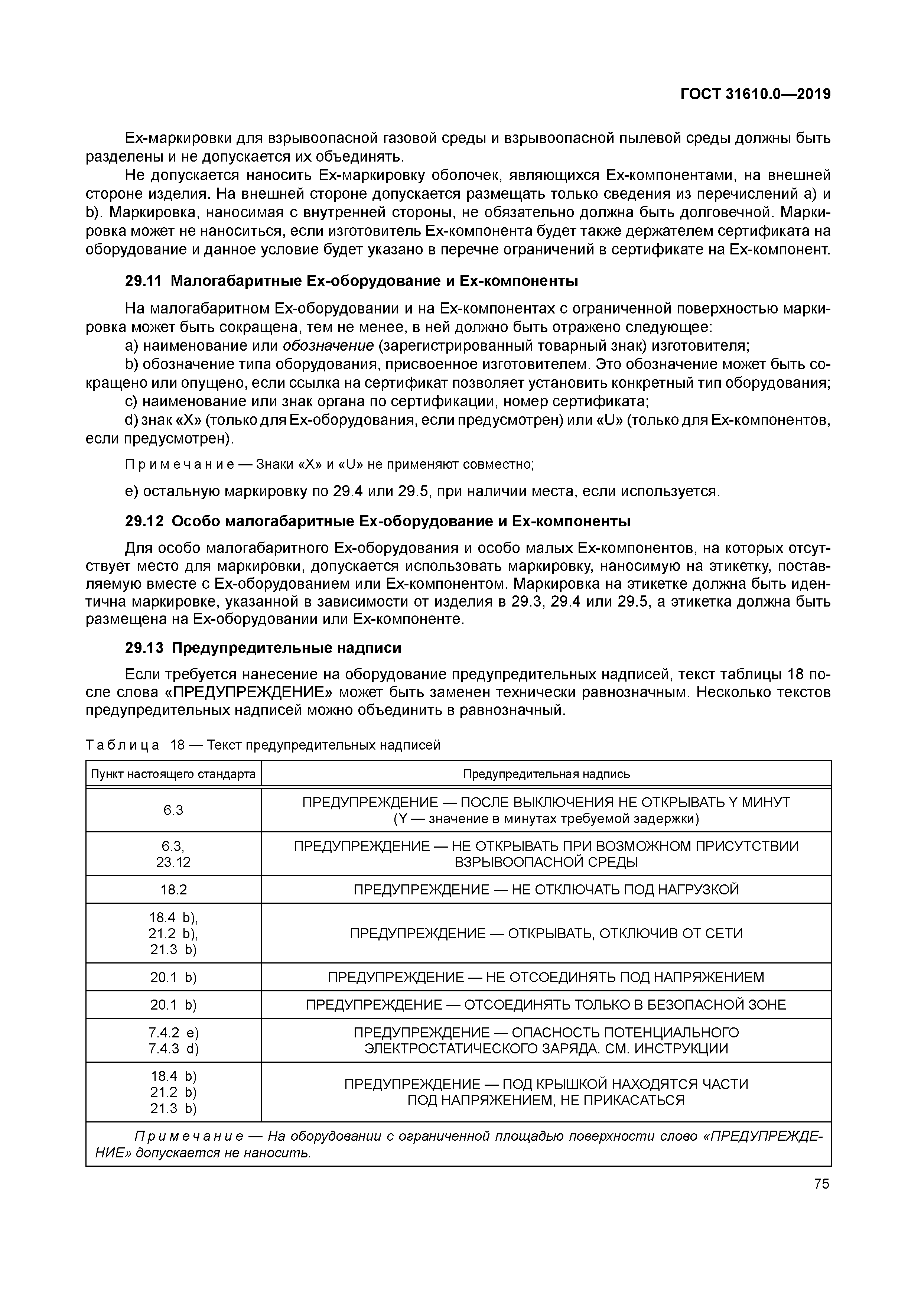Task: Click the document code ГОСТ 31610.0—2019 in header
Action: (755, 94)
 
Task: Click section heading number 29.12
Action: (144, 521)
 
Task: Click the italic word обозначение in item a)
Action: (328, 345)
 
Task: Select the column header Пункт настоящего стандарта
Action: (174, 774)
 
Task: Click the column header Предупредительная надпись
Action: (546, 774)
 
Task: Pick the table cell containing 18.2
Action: (174, 889)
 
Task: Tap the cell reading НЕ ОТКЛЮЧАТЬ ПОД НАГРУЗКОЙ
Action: (546, 889)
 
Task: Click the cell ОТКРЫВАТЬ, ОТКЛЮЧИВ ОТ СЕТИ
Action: (546, 933)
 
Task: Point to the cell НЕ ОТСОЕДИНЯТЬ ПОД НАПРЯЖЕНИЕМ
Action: (546, 977)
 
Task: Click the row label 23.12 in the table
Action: (174, 862)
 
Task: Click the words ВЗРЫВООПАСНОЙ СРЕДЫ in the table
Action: (546, 862)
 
